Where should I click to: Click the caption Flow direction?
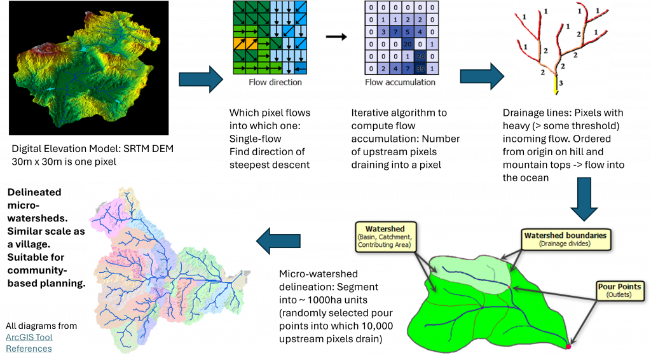click(x=276, y=83)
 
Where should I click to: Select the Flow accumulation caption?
click(x=401, y=83)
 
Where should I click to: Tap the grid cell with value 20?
click(x=408, y=43)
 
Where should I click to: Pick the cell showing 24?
click(x=420, y=56)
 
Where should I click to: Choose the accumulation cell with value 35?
click(x=420, y=68)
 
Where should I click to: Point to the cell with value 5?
click(x=408, y=32)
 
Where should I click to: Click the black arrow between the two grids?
click(x=336, y=37)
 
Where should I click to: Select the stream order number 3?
click(x=561, y=83)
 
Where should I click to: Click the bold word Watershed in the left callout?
click(x=385, y=228)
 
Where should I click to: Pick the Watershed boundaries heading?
click(x=565, y=235)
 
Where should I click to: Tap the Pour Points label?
click(x=619, y=287)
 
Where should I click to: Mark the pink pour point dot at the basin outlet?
click(x=568, y=347)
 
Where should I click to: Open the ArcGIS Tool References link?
click(x=29, y=343)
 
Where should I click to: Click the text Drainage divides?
click(x=565, y=244)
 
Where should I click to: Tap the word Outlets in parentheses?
click(x=619, y=295)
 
